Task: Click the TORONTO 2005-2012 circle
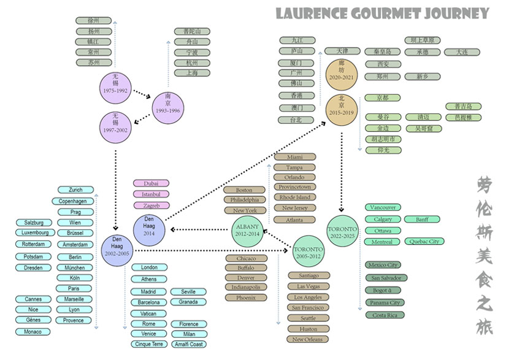point(307,252)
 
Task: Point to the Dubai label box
point(151,183)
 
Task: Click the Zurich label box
point(75,190)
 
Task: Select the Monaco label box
point(33,332)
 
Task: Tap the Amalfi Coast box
point(188,345)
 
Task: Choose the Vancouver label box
point(383,208)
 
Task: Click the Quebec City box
point(424,242)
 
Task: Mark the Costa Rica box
point(384,315)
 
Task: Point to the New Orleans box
point(308,339)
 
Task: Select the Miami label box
point(294,157)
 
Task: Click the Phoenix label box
point(247,297)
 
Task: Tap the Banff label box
point(422,220)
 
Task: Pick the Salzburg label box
point(33,223)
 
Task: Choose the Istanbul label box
point(151,194)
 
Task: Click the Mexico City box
point(383,266)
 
